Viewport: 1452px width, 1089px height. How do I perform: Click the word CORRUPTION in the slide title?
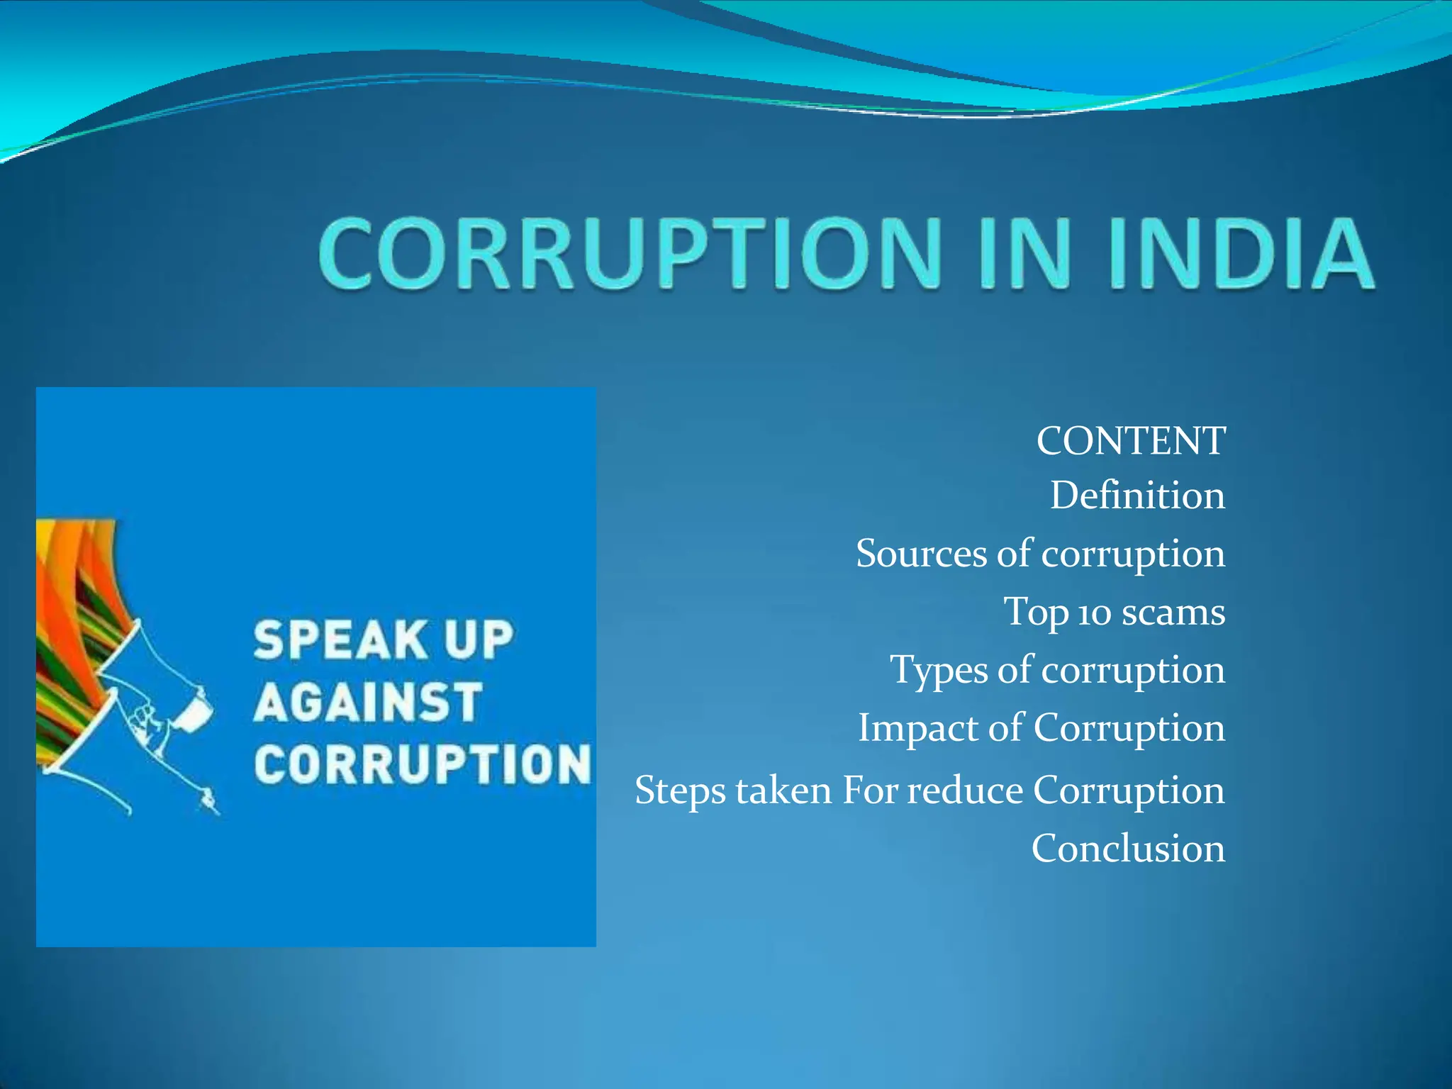click(x=631, y=254)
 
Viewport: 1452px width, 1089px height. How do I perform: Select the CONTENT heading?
click(x=1130, y=441)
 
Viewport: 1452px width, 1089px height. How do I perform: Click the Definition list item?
click(x=1137, y=496)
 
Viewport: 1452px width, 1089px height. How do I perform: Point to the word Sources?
click(x=921, y=554)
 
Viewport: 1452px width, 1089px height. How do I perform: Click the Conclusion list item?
click(x=1128, y=849)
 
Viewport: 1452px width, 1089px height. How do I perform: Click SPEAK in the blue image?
click(x=339, y=640)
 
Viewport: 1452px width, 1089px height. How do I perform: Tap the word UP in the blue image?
click(x=477, y=640)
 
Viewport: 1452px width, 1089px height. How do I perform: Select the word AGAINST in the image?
click(x=368, y=702)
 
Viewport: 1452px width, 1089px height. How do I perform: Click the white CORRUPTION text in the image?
click(x=422, y=764)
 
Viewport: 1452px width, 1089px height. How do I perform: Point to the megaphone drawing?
click(x=152, y=716)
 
